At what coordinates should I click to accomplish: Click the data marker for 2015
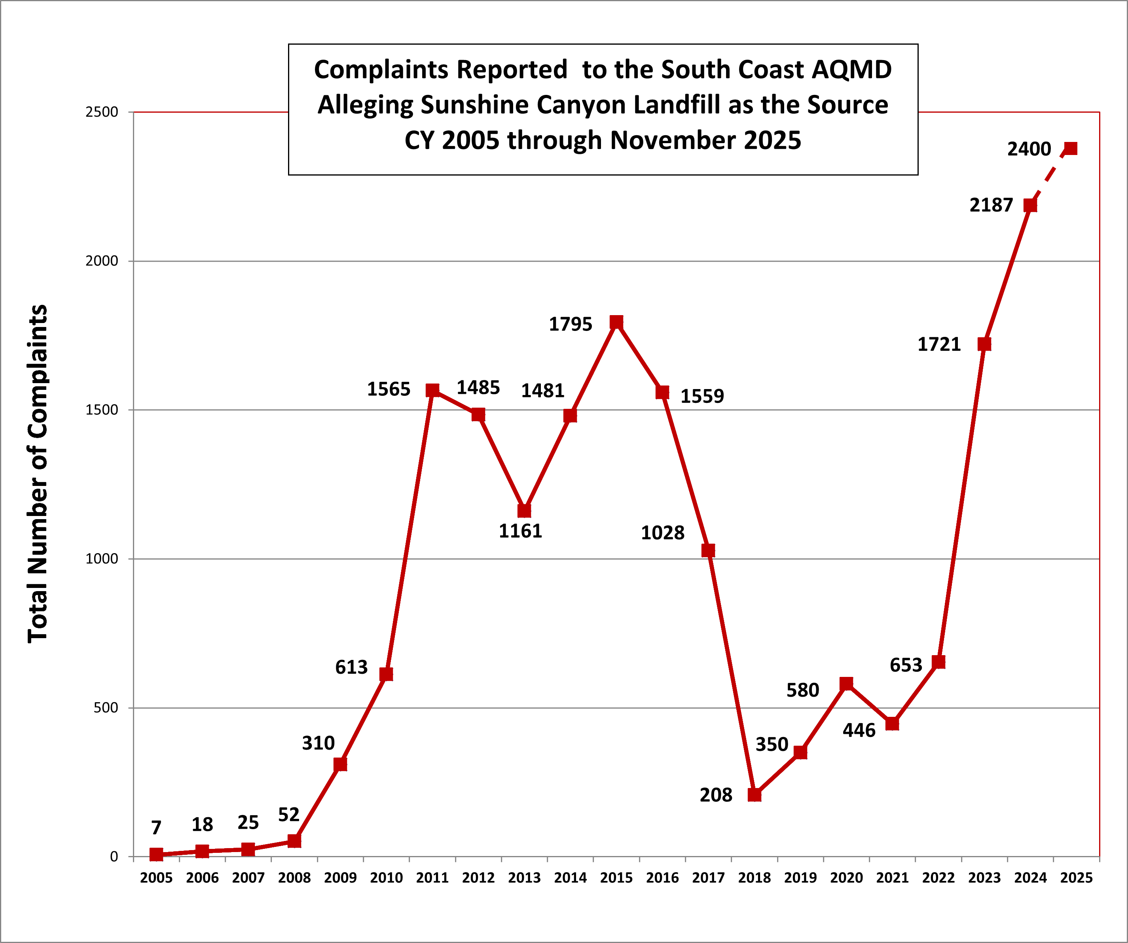pos(616,322)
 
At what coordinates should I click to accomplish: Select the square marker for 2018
pos(754,795)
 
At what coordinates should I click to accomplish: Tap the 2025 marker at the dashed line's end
pos(1071,149)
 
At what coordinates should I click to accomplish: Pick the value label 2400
pos(1029,149)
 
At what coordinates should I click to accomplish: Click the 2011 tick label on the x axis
pos(432,878)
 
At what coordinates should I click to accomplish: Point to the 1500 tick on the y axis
pos(102,410)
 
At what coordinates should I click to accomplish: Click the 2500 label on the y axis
pos(102,112)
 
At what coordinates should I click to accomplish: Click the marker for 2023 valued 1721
pos(984,344)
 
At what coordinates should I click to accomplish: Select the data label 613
pos(351,667)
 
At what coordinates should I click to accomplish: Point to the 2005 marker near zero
pos(156,854)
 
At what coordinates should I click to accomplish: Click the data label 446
pos(859,730)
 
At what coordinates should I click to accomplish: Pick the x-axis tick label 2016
pos(662,878)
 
